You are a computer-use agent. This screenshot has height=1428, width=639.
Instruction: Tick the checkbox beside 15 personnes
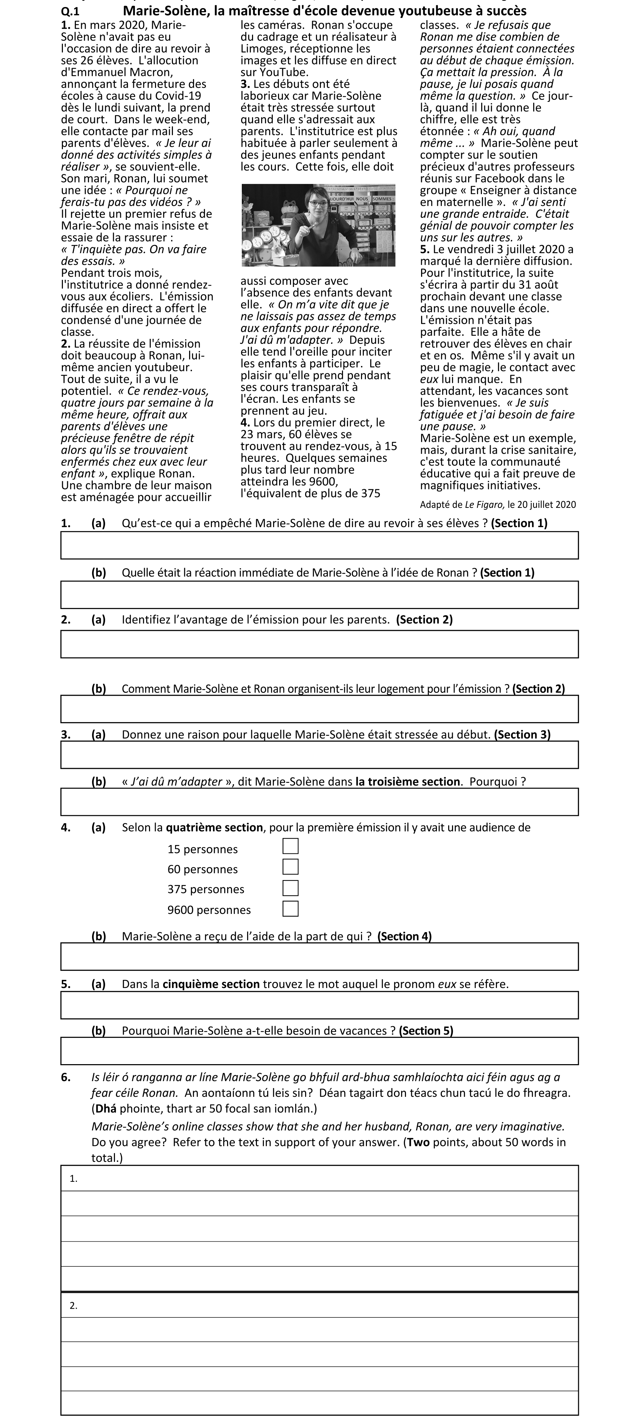pyautogui.click(x=290, y=846)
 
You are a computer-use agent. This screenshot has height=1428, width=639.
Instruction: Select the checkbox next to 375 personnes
pyautogui.click(x=290, y=888)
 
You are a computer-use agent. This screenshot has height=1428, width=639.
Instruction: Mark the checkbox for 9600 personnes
pyautogui.click(x=290, y=909)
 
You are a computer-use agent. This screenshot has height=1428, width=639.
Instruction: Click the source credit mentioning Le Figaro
pyautogui.click(x=498, y=504)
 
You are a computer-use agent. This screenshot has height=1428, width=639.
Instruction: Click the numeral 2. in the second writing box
pyautogui.click(x=73, y=1306)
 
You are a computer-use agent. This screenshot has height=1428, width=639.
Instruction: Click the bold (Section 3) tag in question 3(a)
pyautogui.click(x=522, y=734)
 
